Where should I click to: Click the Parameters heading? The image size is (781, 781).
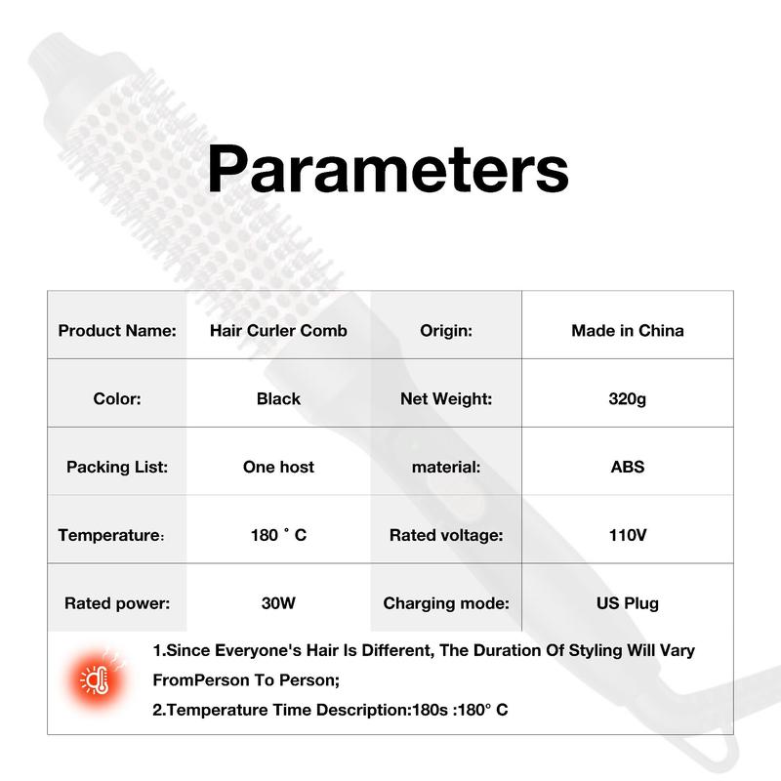click(388, 168)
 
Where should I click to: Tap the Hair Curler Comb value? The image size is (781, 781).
click(278, 330)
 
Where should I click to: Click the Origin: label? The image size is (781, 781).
click(446, 330)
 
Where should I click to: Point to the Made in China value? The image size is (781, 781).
click(628, 330)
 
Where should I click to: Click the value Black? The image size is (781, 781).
click(278, 398)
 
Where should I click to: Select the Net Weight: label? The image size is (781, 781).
click(446, 398)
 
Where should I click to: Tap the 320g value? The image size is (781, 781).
click(628, 398)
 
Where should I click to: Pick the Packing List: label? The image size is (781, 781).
click(117, 467)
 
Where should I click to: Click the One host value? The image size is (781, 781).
click(278, 467)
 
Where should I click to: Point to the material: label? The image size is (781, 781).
click(446, 467)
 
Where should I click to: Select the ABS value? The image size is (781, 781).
click(628, 467)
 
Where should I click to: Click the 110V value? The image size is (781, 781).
click(628, 535)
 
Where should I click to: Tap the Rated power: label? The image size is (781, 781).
click(117, 603)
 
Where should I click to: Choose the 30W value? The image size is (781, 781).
click(278, 603)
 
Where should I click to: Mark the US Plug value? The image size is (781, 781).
click(628, 603)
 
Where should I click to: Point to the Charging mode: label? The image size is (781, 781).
click(446, 603)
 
